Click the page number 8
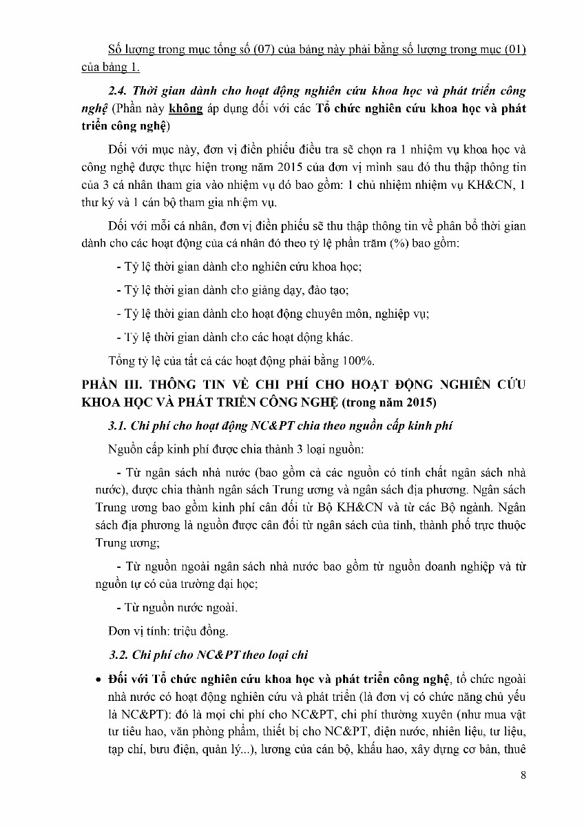point(524,775)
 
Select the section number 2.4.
point(120,91)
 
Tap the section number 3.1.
point(120,426)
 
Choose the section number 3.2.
point(121,655)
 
